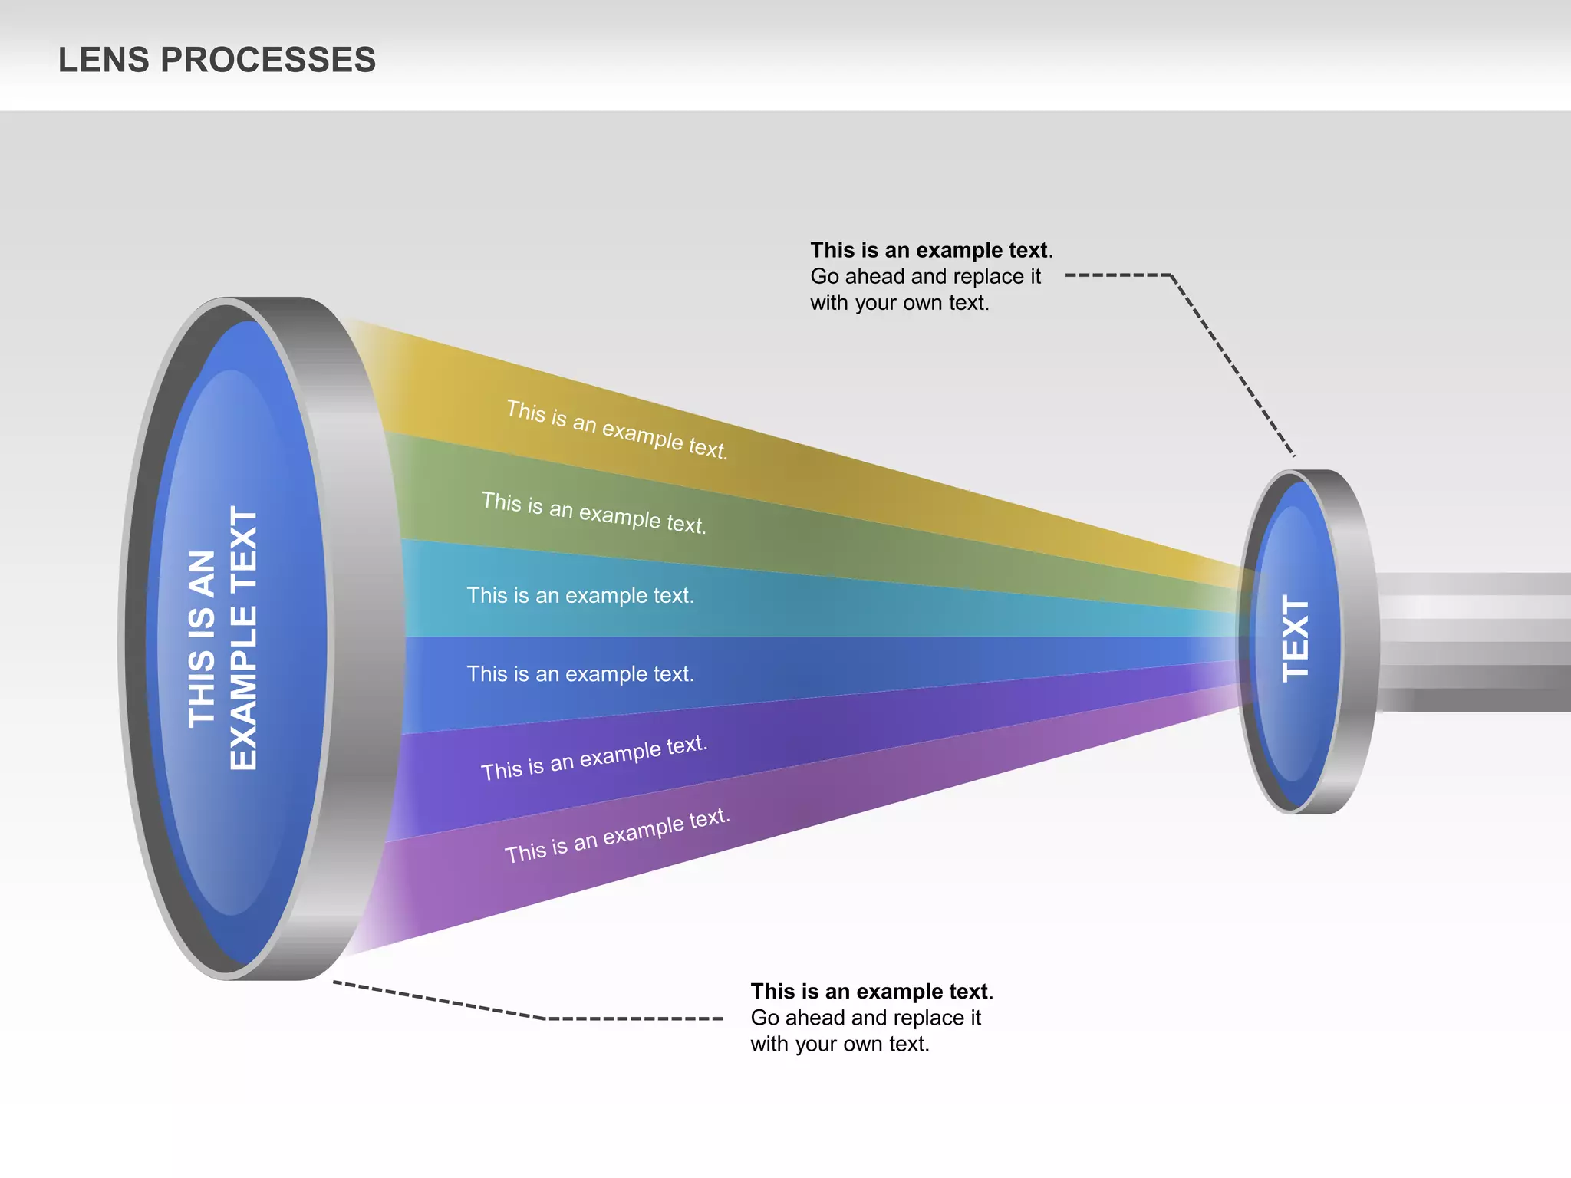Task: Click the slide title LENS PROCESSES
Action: click(217, 60)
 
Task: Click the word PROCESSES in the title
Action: click(268, 60)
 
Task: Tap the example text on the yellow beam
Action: click(617, 429)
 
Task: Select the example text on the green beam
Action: click(594, 512)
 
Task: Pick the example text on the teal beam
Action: click(580, 595)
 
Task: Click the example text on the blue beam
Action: click(580, 673)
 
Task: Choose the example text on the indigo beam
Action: click(594, 757)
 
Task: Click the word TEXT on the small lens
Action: click(1296, 639)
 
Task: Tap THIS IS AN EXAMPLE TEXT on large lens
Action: click(222, 638)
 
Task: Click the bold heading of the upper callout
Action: click(930, 250)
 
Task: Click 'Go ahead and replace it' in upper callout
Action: click(925, 276)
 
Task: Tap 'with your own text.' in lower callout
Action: click(840, 1044)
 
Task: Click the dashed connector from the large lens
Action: click(537, 1017)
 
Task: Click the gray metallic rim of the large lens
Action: click(361, 637)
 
